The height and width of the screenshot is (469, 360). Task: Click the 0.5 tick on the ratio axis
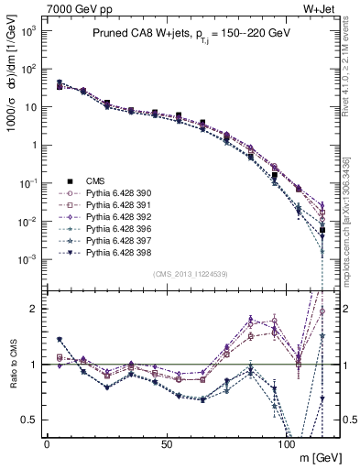click(30, 420)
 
